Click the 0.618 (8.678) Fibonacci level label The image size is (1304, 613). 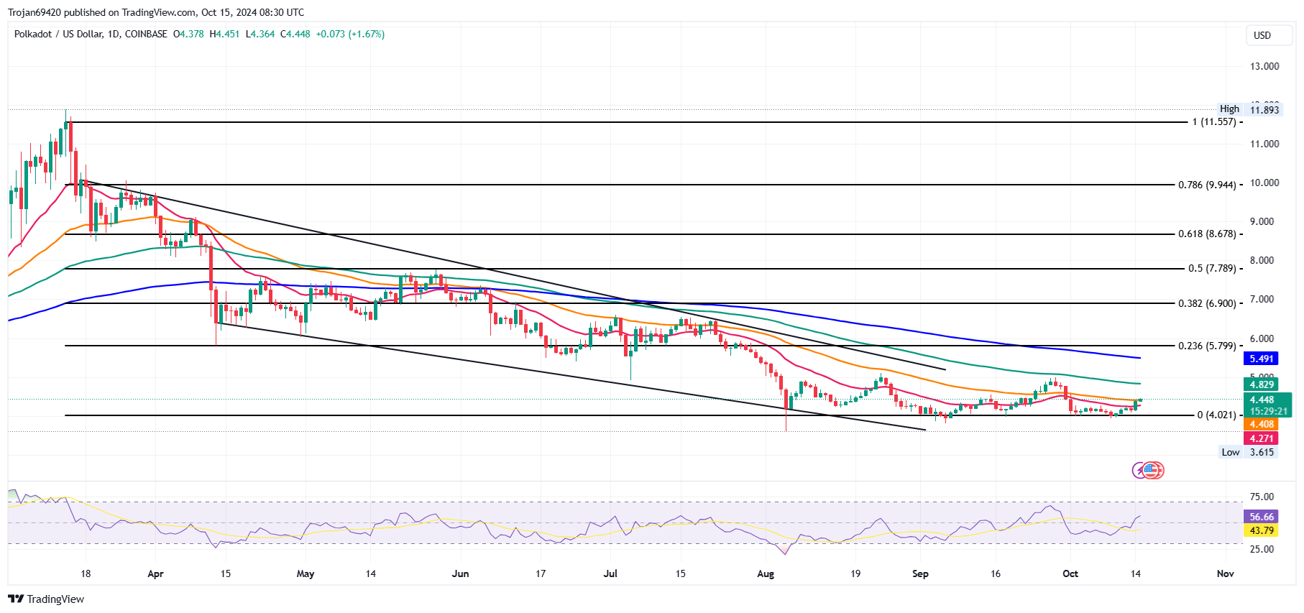point(1207,234)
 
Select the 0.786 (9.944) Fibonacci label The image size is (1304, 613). point(1207,185)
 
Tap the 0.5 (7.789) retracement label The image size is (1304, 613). point(1212,269)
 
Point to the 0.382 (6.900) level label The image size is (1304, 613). point(1207,303)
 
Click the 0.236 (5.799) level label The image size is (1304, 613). point(1207,346)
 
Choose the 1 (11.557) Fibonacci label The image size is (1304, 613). point(1214,122)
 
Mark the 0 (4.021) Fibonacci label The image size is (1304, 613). point(1216,415)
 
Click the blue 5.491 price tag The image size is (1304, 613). point(1262,359)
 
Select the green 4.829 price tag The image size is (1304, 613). point(1262,384)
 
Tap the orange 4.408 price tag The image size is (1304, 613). point(1262,425)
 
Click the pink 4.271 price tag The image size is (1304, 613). point(1262,438)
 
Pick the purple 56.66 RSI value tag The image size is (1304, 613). point(1262,517)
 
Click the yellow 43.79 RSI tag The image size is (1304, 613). point(1262,531)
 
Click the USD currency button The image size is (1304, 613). point(1262,35)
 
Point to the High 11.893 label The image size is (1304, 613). point(1249,109)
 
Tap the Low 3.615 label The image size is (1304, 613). point(1248,452)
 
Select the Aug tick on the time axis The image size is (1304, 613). point(766,573)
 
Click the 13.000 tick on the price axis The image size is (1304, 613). point(1264,66)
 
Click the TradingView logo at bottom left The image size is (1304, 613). point(46,599)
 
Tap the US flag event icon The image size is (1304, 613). point(1152,471)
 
